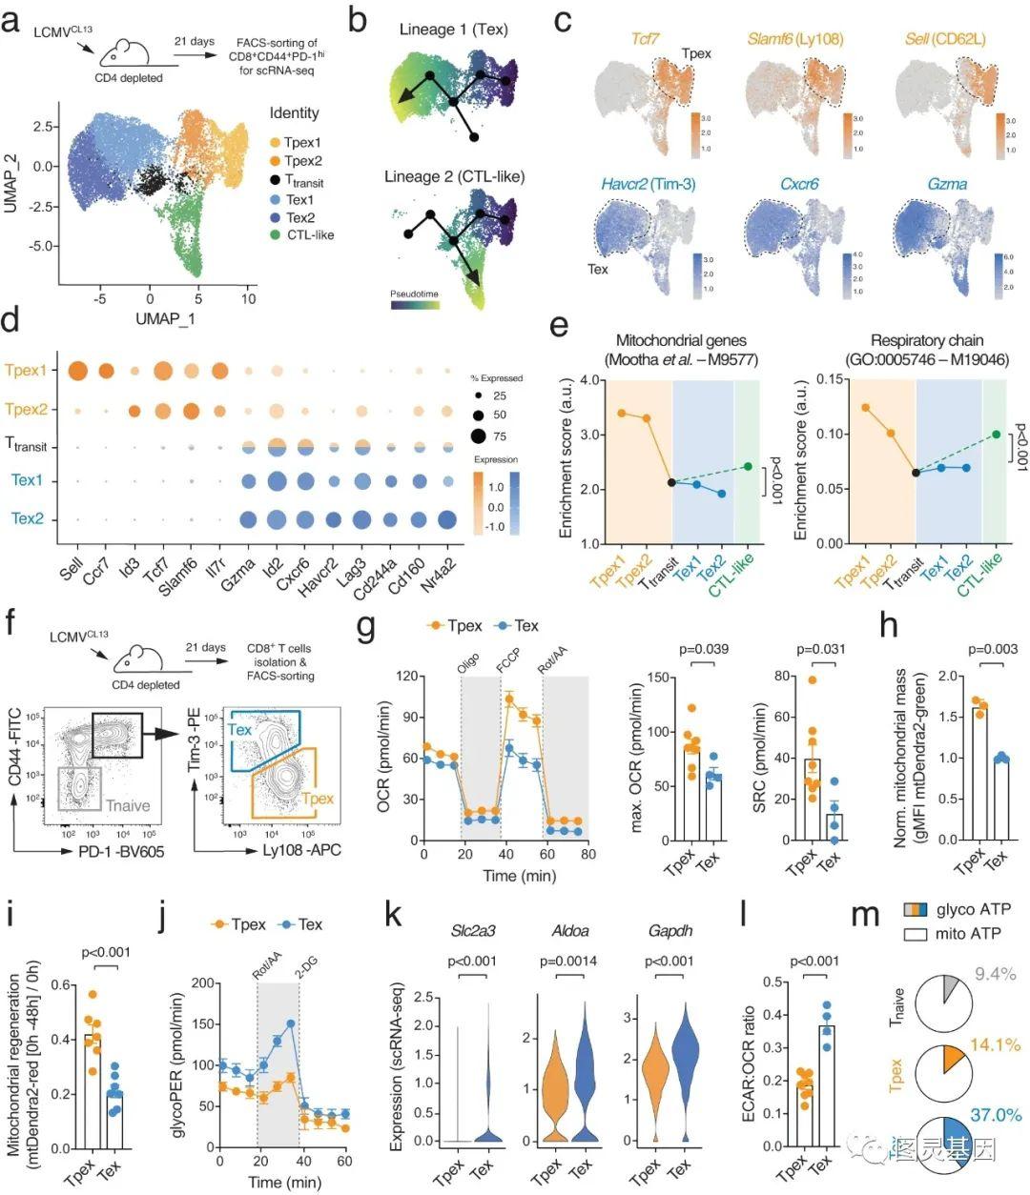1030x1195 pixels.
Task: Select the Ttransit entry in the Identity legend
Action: coord(298,182)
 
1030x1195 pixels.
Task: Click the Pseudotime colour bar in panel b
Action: coord(414,306)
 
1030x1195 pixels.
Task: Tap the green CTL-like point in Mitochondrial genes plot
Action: coord(748,466)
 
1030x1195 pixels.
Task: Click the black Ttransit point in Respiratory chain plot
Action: coord(915,473)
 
